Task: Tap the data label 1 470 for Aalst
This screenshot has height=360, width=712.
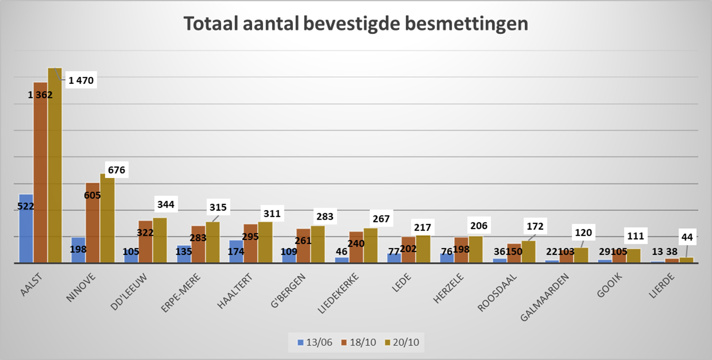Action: coord(81,81)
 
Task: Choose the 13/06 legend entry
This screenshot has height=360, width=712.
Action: coord(315,342)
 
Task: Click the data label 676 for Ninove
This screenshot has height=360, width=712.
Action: coord(116,170)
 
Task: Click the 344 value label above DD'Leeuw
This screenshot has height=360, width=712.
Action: coord(166,205)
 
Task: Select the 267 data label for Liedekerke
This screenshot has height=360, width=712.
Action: coord(381,219)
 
